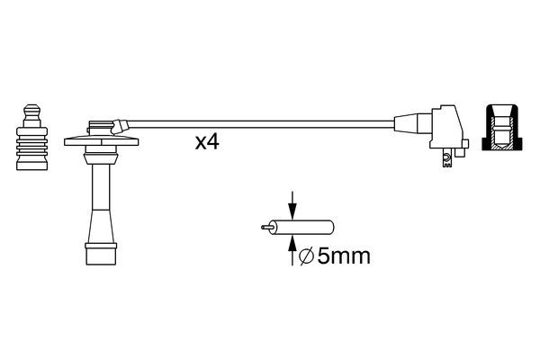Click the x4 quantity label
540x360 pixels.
(207, 142)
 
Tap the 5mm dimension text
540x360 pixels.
(342, 257)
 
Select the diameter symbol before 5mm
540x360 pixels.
(305, 257)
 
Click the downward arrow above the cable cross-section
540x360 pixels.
(292, 203)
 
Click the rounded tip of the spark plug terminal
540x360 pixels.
(31, 110)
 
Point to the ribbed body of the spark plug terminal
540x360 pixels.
(31, 148)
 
